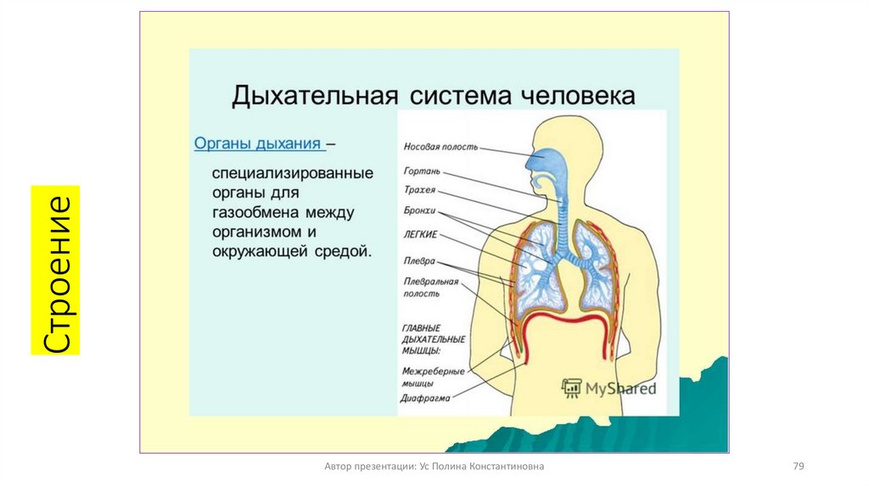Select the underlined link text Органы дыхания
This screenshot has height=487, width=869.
[x=258, y=143]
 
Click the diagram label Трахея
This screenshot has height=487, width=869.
[x=419, y=190]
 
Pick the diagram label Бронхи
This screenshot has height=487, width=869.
[x=420, y=210]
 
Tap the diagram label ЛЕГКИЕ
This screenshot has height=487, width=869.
[x=421, y=234]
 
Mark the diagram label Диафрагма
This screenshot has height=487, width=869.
[x=425, y=397]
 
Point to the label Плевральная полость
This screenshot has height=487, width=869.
[x=431, y=287]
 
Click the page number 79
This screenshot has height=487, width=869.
[x=798, y=467]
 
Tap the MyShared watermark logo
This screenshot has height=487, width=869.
[x=609, y=389]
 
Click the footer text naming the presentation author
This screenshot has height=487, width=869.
[x=434, y=467]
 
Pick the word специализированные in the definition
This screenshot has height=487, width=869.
[x=293, y=173]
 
